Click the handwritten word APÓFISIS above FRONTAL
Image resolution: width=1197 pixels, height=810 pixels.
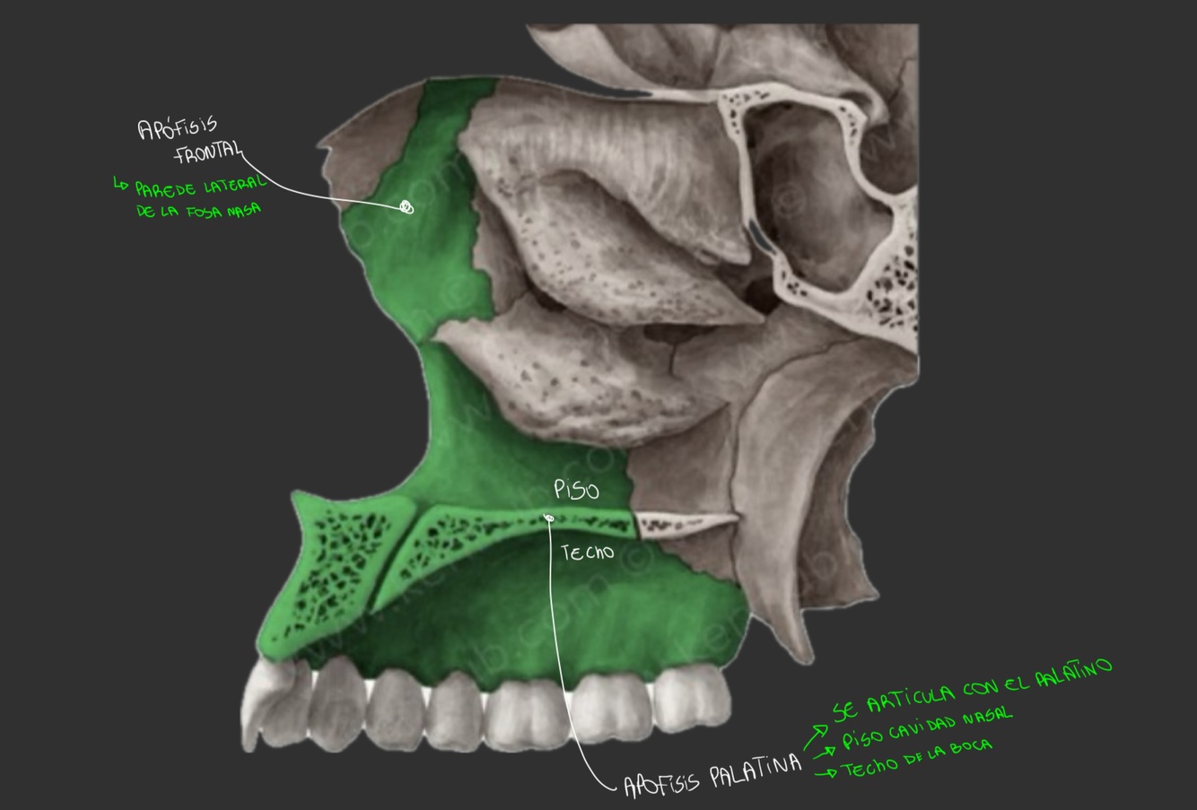pos(177,127)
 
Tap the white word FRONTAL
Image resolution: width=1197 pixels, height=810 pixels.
pos(208,153)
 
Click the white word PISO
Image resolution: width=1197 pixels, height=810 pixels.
pos(576,489)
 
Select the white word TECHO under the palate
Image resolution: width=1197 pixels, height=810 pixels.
pos(588,553)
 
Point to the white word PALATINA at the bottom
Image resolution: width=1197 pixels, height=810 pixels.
pos(755,771)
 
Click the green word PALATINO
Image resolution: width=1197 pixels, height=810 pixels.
pos(1073,674)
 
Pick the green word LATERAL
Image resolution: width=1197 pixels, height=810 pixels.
pos(234,185)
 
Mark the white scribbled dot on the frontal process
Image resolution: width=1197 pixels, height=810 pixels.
pos(406,208)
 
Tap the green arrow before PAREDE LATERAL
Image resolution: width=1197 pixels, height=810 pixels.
pos(121,186)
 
